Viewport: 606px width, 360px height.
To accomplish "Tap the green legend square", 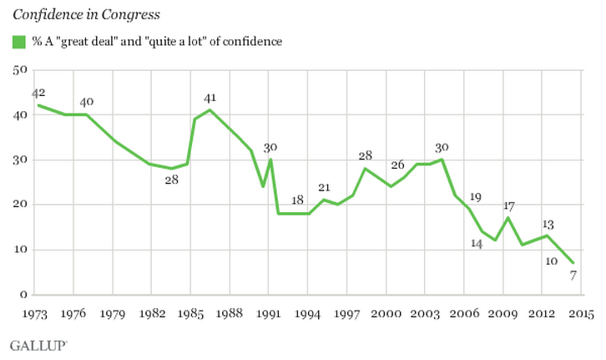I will coord(17,41).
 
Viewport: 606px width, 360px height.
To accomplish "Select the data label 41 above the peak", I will coord(209,98).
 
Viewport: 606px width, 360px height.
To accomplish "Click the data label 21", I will coord(324,186).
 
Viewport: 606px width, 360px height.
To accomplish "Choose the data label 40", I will coord(86,102).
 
